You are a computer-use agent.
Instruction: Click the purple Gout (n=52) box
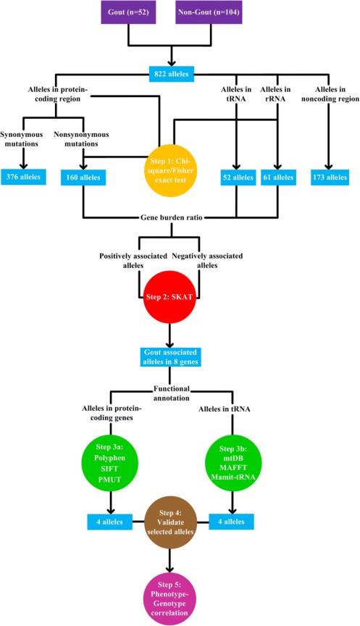point(128,12)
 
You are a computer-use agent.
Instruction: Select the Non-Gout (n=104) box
point(209,12)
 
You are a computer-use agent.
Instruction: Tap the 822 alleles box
point(172,74)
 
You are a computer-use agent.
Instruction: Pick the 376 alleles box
point(23,177)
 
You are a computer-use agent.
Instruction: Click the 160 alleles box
point(83,178)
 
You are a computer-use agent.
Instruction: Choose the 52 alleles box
point(237,178)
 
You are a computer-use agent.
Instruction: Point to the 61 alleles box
point(278,178)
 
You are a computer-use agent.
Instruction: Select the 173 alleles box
point(330,178)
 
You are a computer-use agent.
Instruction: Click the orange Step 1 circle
point(171,170)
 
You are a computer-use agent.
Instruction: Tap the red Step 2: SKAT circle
point(170,297)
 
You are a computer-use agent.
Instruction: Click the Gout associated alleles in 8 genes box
point(170,357)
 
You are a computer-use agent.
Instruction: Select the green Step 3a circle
point(110,464)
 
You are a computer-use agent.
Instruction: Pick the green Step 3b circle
point(233,464)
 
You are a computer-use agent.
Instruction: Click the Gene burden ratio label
point(172,217)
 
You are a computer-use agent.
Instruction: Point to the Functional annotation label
point(172,393)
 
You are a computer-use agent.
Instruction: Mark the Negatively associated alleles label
point(207,260)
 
